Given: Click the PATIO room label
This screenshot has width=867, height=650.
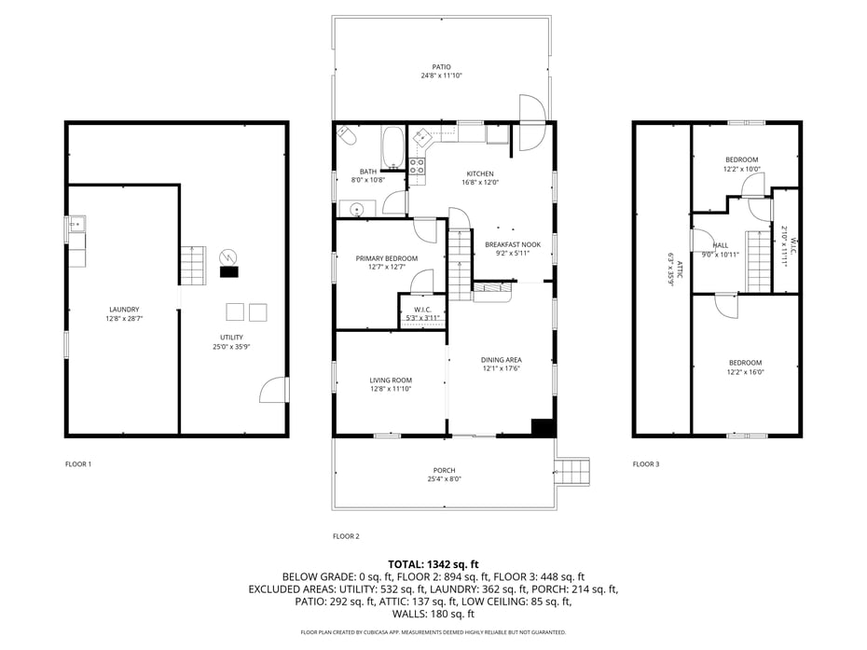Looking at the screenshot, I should click(442, 67).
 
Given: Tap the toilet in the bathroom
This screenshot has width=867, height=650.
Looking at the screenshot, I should click(347, 137).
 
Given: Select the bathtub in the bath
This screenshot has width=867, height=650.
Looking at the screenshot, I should click(392, 146).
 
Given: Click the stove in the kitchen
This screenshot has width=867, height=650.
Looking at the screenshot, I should click(417, 167).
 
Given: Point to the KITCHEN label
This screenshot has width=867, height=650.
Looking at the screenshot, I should click(480, 173).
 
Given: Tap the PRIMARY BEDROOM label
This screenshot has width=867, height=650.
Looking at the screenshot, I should click(386, 258).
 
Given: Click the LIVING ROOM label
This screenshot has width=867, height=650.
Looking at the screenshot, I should click(390, 380).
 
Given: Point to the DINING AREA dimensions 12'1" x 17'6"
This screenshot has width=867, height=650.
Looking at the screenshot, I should click(501, 368).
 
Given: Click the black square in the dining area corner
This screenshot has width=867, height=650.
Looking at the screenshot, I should click(543, 427).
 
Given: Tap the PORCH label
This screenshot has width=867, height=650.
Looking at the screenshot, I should click(444, 470).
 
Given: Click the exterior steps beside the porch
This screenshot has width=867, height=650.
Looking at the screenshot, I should click(573, 471).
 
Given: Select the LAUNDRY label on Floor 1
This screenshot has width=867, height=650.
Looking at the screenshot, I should click(124, 310).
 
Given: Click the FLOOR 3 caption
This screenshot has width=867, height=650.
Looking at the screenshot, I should click(645, 463).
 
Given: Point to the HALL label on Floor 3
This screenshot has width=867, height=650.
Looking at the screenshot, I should click(721, 245).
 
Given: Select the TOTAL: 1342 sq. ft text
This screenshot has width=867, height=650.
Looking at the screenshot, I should click(433, 564).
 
